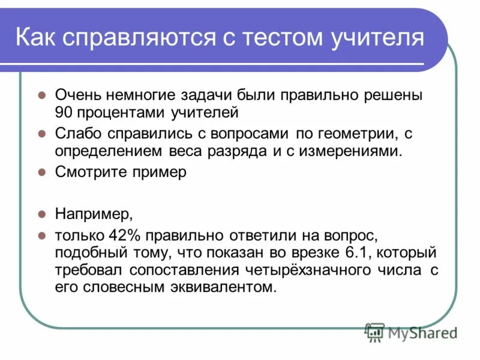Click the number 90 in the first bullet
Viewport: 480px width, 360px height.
click(x=64, y=112)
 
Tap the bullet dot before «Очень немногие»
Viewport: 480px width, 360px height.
click(x=42, y=95)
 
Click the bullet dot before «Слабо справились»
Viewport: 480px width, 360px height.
click(x=42, y=133)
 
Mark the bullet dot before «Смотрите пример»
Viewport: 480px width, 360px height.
click(x=42, y=172)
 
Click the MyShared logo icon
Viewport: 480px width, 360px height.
click(x=375, y=331)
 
